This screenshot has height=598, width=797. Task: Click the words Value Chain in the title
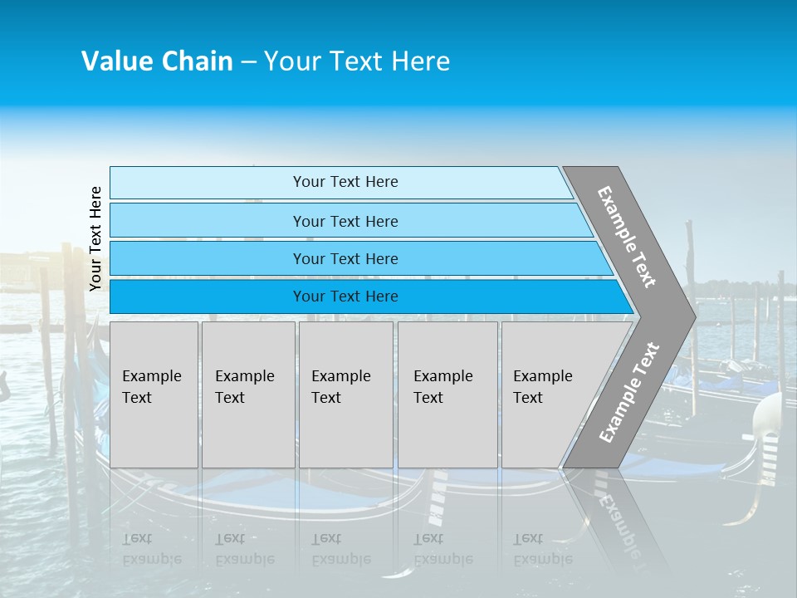tap(157, 61)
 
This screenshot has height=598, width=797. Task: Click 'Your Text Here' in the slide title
tap(357, 61)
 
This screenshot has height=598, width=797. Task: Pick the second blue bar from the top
tap(345, 221)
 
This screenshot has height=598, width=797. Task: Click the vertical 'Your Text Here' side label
tap(95, 238)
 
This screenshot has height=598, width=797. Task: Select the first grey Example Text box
tap(154, 395)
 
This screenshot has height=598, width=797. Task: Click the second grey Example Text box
tap(247, 395)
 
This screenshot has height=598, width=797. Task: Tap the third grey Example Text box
tap(345, 395)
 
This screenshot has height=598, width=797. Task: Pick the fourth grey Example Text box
tap(447, 395)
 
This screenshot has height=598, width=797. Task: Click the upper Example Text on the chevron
tap(627, 237)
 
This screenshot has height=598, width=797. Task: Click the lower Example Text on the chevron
tap(628, 392)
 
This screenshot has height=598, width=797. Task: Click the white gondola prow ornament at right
tap(767, 415)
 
